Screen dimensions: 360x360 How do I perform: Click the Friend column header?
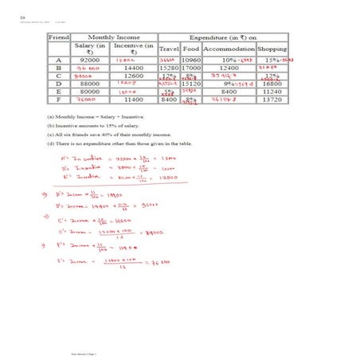tap(59, 37)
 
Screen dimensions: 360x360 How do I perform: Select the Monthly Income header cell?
tap(113, 37)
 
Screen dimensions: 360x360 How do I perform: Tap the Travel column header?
tap(168, 49)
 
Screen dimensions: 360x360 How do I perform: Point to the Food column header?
tap(190, 49)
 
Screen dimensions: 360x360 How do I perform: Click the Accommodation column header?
tap(229, 49)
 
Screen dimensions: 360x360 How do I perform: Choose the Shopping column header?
tap(272, 49)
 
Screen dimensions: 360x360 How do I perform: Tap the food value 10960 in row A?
tap(190, 60)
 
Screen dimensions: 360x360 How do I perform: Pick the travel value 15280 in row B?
tap(168, 70)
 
